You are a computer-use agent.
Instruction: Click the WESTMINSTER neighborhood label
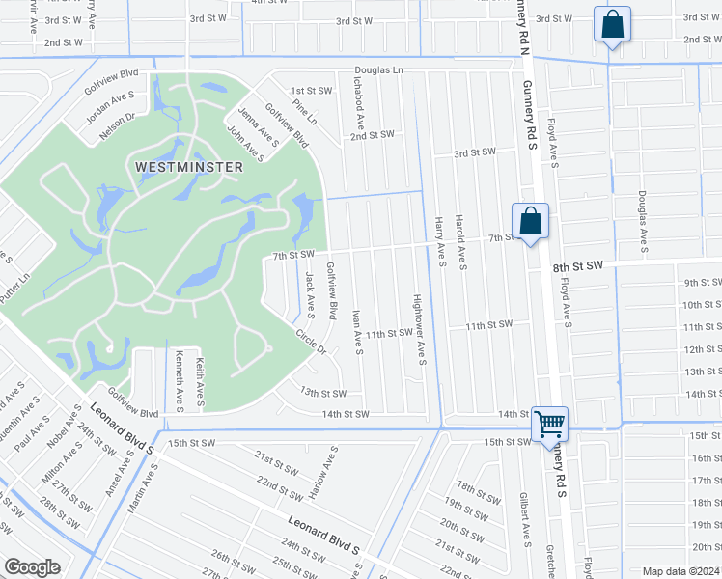pyautogui.click(x=188, y=166)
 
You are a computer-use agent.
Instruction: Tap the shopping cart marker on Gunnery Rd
pyautogui.click(x=549, y=423)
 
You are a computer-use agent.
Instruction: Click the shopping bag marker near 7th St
pyautogui.click(x=530, y=221)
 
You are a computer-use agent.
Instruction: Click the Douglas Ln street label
pyautogui.click(x=377, y=70)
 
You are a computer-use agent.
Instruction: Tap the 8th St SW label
pyautogui.click(x=577, y=265)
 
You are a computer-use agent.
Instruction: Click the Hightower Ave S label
pyautogui.click(x=420, y=329)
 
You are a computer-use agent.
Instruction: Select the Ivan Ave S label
pyautogui.click(x=357, y=332)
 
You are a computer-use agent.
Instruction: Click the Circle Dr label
pyautogui.click(x=311, y=342)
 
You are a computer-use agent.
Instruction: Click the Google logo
pyautogui.click(x=32, y=567)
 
